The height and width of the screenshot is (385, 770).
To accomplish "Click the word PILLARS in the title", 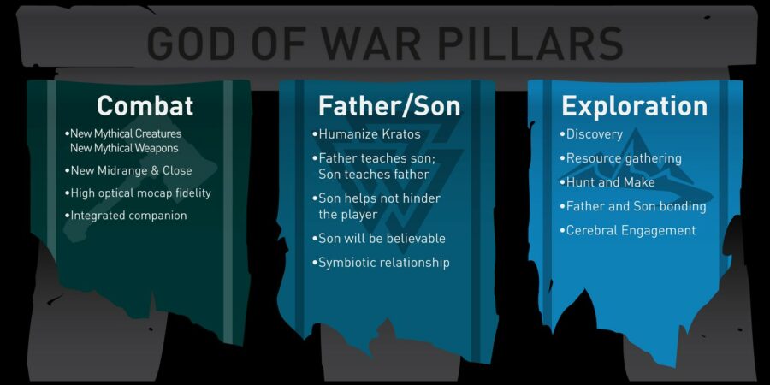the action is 530,44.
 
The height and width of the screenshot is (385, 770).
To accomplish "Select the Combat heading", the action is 145,105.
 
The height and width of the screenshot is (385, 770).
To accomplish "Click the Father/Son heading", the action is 389,105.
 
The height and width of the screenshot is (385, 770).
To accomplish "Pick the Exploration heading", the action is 635,106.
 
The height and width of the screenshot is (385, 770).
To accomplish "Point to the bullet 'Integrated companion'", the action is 126,215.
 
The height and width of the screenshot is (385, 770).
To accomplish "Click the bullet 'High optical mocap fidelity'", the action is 138,193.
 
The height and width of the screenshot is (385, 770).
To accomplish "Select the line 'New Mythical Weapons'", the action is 124,148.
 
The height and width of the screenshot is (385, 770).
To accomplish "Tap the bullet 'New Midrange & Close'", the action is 128,170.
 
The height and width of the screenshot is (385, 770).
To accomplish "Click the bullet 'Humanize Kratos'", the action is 366,134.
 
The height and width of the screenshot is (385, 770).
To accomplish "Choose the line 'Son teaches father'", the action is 374,175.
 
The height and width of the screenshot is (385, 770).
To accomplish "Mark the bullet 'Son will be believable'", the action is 379,239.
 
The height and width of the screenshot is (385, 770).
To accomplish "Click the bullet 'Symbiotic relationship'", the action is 381,263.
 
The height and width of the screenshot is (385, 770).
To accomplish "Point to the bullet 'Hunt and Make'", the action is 607,182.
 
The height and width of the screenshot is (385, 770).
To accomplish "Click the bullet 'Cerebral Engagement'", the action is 628,230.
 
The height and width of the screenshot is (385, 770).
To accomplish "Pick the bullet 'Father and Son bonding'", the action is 633,206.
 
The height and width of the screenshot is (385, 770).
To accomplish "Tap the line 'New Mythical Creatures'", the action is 122,133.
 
